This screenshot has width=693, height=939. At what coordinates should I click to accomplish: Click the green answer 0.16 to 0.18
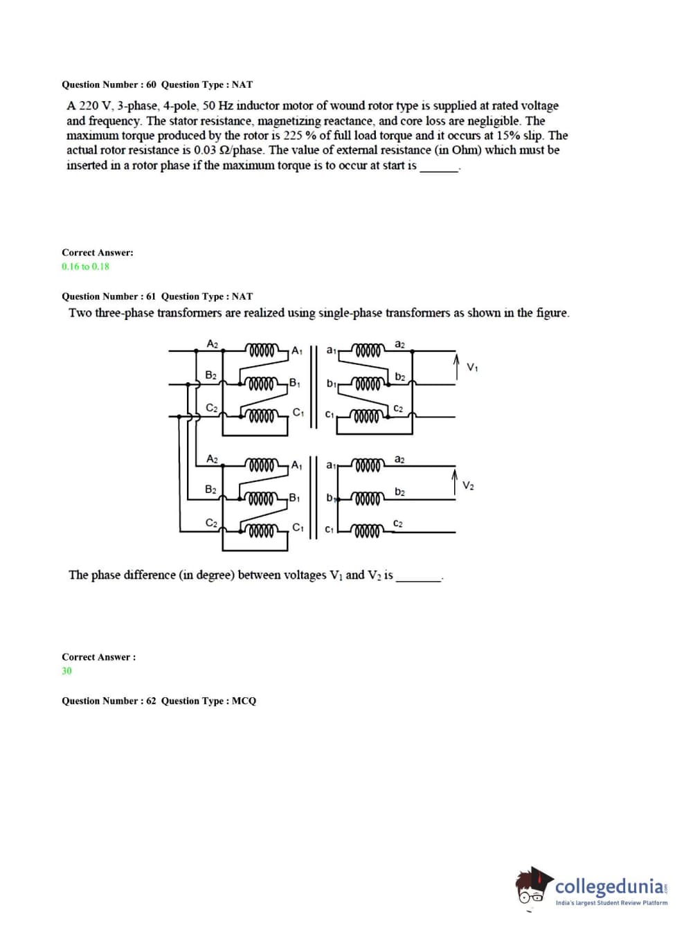tap(85, 267)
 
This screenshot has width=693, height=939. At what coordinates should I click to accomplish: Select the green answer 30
tap(66, 671)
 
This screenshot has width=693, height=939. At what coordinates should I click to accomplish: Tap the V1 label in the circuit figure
tap(472, 367)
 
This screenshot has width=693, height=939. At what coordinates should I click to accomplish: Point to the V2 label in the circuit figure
tap(468, 485)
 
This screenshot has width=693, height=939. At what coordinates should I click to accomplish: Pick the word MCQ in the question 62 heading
tap(244, 701)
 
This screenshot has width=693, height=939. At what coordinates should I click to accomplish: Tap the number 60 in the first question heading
tap(151, 84)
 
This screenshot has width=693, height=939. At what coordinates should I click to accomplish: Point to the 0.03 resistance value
tap(207, 150)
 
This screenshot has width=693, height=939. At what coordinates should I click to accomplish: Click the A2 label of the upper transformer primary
tap(213, 343)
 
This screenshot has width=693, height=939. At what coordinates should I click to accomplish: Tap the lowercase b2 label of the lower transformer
tap(399, 492)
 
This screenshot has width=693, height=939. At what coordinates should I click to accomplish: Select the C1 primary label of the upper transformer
tap(298, 413)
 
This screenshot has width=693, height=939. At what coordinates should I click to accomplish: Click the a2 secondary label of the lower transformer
tap(399, 459)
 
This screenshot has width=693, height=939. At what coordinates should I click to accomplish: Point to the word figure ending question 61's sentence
tap(552, 313)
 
